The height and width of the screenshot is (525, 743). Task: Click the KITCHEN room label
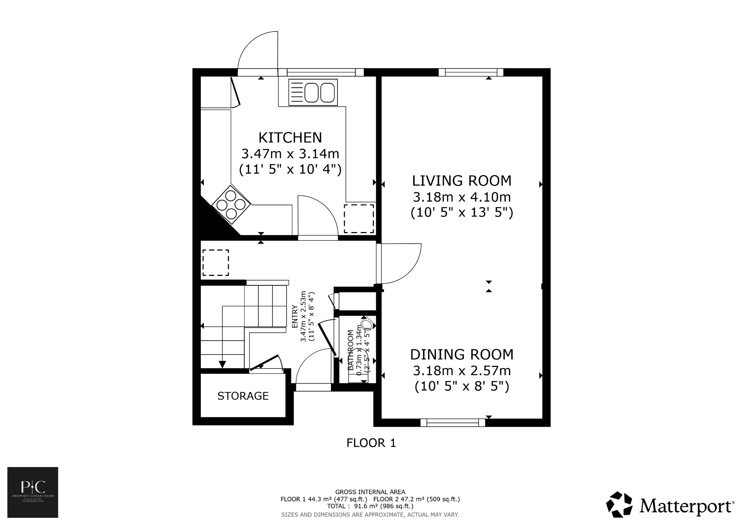pos(290,138)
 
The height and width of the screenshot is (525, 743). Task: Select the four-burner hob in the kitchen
pos(231,204)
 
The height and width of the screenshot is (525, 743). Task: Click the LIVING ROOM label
pos(461,181)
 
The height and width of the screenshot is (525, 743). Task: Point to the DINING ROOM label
pos(461,354)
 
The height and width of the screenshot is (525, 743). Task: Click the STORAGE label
pos(243,396)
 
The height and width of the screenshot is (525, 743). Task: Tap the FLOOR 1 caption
pos(371,443)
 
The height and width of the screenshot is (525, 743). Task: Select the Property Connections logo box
pos(33,492)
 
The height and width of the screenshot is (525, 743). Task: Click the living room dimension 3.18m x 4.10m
pos(461,197)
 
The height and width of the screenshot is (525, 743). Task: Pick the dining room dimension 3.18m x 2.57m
pos(461,371)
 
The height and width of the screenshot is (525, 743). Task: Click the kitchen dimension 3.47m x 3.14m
pos(290,154)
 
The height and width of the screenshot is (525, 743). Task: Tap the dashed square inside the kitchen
pos(358,218)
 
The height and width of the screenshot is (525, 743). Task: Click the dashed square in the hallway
pos(215,262)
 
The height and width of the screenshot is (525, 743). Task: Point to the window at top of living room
pos(471,72)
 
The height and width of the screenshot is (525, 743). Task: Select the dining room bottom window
pos(452,422)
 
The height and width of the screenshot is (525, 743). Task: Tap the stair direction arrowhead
pos(222,364)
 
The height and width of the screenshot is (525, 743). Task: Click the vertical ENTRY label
pos(295,316)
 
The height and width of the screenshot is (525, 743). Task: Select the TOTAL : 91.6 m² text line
pos(370,506)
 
